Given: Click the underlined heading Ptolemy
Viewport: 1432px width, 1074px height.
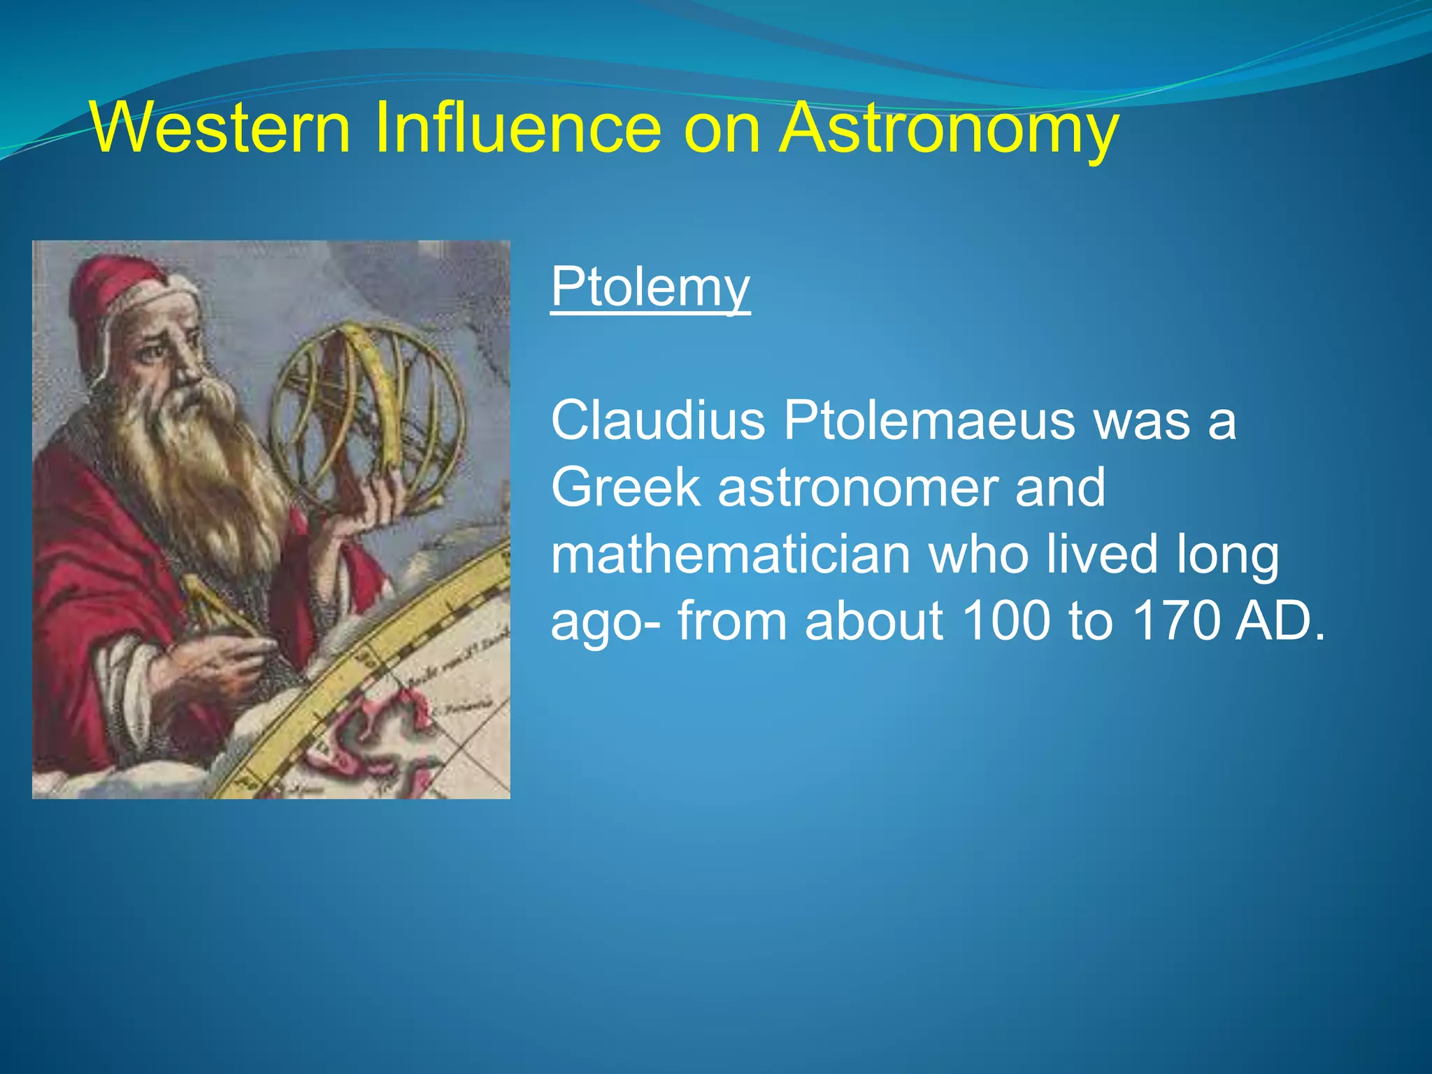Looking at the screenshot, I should pos(650,288).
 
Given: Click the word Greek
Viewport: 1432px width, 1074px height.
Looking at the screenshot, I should pos(625,487).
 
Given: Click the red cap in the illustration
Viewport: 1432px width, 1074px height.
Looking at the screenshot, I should pos(112,301).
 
